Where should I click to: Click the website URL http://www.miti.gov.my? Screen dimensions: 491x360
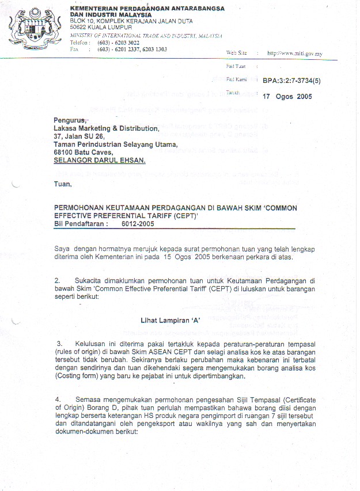click(x=294, y=54)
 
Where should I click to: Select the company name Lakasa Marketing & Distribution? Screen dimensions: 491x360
click(x=106, y=128)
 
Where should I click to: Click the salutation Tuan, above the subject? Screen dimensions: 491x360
click(x=63, y=184)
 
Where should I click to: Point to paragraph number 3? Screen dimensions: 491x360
click(x=59, y=343)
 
